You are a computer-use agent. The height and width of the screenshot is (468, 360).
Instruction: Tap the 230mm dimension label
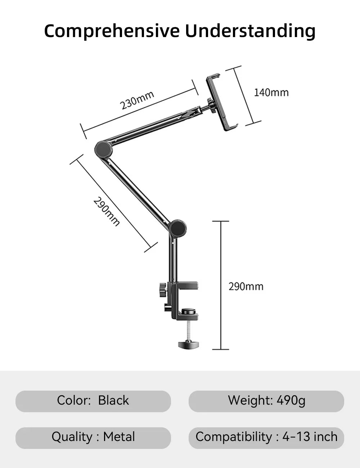click(137, 100)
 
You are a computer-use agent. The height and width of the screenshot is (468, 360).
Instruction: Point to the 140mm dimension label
click(271, 93)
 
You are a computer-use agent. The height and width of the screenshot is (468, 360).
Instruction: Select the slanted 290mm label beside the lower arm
click(107, 211)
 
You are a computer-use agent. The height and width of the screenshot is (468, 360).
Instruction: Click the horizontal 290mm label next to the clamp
click(246, 287)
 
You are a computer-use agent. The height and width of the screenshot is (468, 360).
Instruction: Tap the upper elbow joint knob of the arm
click(104, 149)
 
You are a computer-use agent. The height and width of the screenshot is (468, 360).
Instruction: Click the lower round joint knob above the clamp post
click(177, 228)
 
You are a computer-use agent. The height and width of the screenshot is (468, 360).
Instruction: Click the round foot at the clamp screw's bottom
click(189, 345)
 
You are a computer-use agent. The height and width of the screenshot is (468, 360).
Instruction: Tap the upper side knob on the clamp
click(162, 289)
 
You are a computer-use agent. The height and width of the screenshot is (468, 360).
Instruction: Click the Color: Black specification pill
click(93, 401)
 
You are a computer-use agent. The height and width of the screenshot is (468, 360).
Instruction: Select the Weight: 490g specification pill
click(266, 401)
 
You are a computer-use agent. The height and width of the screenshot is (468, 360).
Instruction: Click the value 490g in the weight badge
click(291, 400)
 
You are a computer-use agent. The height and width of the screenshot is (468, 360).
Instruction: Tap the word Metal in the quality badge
click(119, 437)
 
